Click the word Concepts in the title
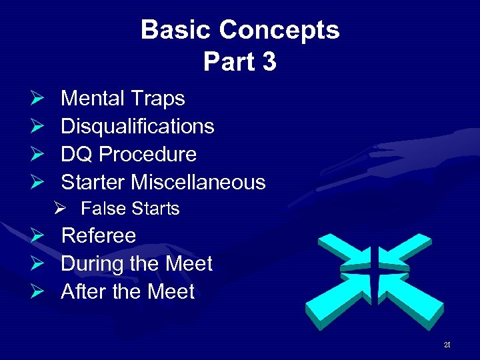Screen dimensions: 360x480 [279, 30]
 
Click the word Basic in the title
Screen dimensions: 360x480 [177, 30]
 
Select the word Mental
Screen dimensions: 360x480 [93, 99]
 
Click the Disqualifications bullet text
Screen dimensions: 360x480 [137, 126]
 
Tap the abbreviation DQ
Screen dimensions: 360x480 [75, 154]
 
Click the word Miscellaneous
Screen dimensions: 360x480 [198, 182]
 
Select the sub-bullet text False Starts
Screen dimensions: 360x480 [130, 209]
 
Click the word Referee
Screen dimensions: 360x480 [98, 235]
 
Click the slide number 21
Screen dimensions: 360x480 [447, 345]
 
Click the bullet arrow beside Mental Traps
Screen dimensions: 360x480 [37, 99]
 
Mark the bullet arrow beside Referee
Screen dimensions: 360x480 [37, 235]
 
